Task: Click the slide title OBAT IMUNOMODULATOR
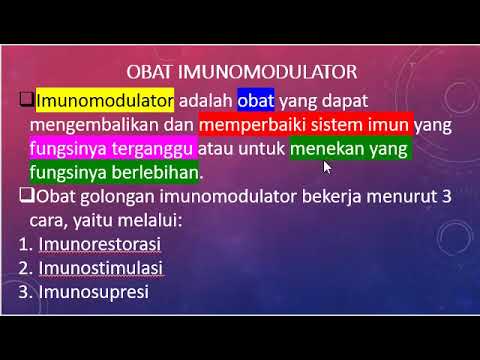pos(244,74)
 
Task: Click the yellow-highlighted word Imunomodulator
pos(105,101)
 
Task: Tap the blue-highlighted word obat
pos(255,101)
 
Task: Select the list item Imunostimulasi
pos(100,269)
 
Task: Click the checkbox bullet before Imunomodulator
pos(27,101)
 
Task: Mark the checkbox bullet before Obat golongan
pos(27,196)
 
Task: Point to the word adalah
pos(207,101)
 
